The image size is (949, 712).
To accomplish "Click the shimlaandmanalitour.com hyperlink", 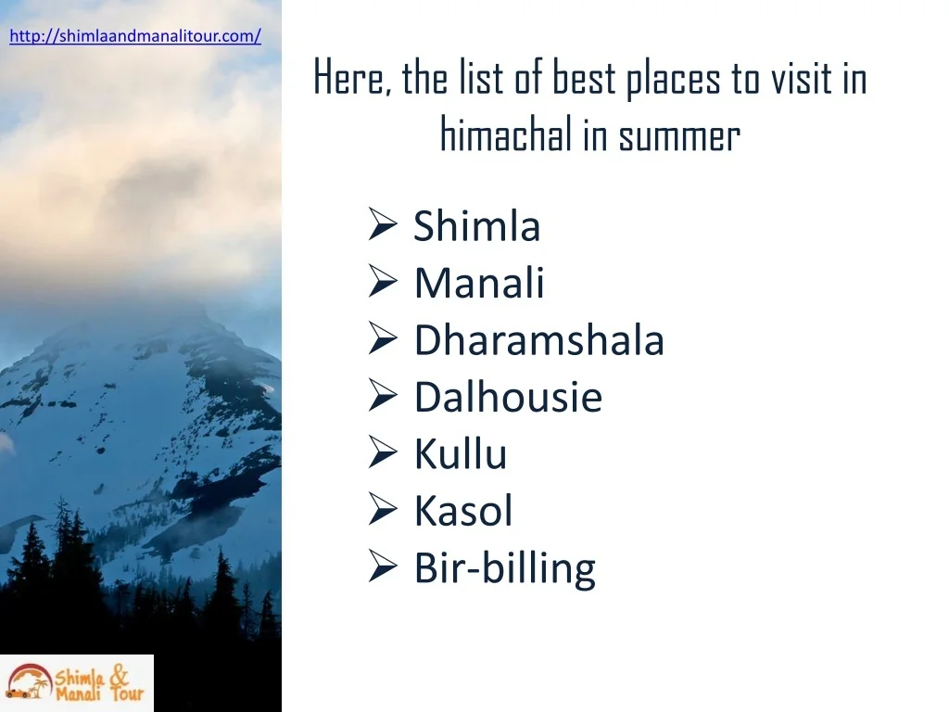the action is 135,36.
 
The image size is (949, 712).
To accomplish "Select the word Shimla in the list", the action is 477,226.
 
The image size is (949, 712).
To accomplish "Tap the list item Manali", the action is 479,283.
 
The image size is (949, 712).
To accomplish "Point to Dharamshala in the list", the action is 539,339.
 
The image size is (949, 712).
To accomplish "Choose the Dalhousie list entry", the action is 509,397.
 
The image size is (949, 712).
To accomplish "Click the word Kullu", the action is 461,453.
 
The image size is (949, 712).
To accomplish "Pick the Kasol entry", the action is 463,511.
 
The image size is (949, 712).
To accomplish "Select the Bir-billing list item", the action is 505,568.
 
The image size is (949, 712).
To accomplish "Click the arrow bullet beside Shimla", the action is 383,224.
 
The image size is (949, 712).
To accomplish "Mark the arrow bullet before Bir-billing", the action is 383,566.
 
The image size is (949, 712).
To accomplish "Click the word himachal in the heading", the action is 506,133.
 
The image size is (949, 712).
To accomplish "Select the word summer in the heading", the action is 679,137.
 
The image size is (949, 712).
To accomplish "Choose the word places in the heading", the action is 673,80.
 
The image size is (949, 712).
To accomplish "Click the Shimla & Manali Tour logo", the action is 77,683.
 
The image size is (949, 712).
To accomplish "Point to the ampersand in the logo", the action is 120,675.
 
